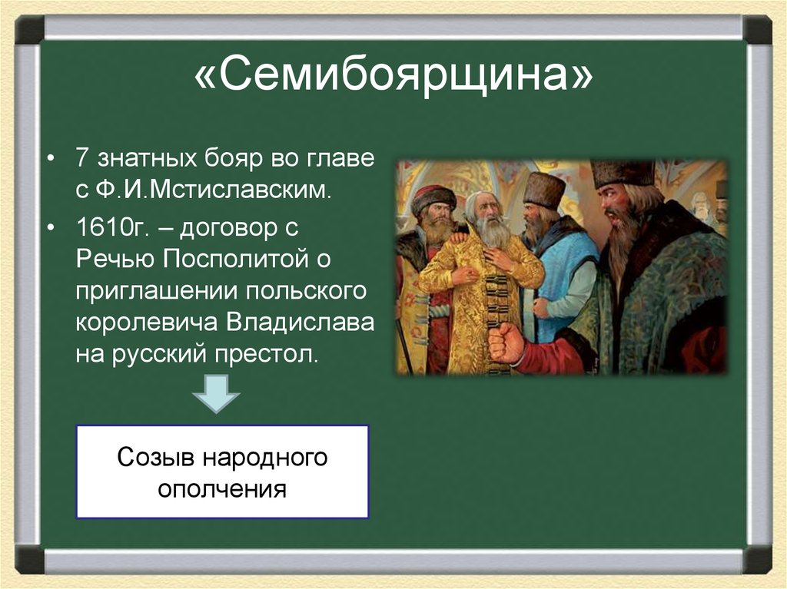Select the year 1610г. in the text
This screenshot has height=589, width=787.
(108, 227)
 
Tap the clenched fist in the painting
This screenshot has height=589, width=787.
(507, 341)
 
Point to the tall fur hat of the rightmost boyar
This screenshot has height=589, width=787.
(622, 173)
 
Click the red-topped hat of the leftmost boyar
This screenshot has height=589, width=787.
(433, 197)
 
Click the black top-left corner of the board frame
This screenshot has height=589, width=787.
(30, 29)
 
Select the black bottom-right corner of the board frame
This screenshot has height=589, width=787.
(756, 559)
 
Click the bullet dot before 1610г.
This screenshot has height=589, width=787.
(51, 228)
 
